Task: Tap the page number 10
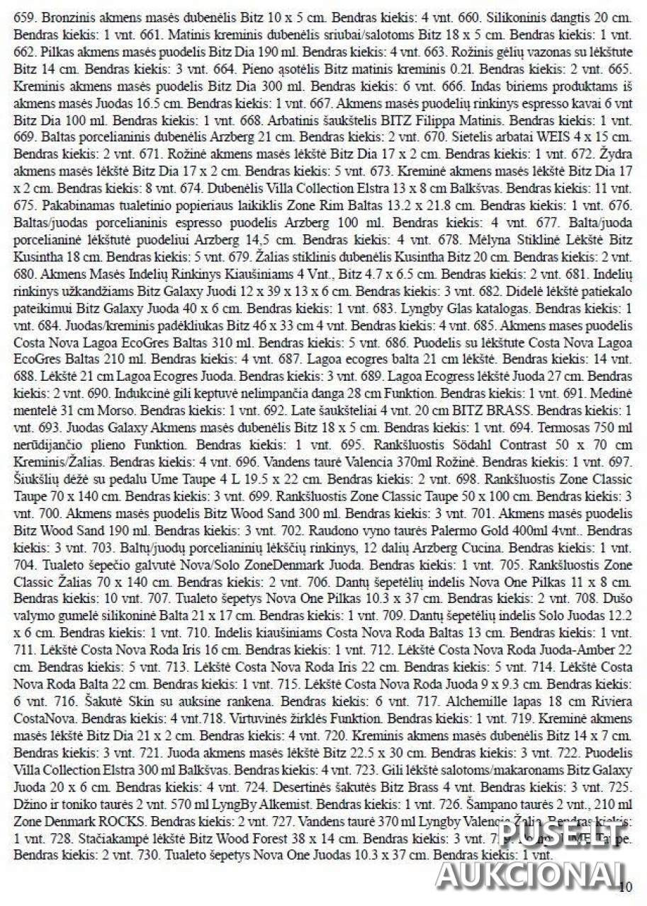[625, 888]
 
